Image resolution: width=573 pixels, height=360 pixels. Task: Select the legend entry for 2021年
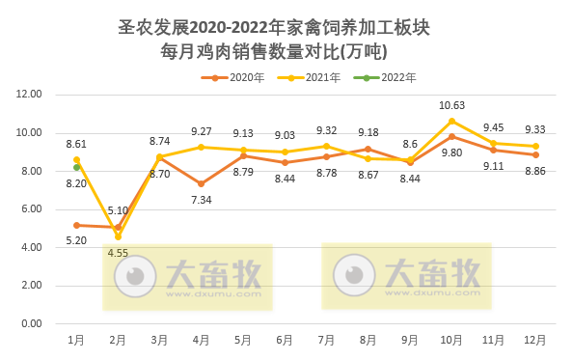pos(314,77)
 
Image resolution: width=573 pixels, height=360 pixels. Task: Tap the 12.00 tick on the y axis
pos(30,95)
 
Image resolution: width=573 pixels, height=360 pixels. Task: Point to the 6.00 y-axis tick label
pos(32,209)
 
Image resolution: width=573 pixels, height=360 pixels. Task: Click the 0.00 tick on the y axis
pos(32,324)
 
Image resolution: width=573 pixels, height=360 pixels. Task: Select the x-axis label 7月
pos(326,341)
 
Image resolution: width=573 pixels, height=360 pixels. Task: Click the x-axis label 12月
pos(534,341)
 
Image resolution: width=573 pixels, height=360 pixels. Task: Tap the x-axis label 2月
pos(118,341)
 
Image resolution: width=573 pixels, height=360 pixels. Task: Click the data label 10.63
pos(451,105)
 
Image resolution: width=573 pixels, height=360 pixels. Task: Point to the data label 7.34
pos(201,200)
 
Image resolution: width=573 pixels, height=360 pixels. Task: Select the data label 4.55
pos(118,254)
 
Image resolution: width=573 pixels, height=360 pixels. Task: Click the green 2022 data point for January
pos(76,168)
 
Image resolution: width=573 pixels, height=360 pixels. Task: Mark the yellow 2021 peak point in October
pos(451,121)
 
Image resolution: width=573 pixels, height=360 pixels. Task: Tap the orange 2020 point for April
pos(202,183)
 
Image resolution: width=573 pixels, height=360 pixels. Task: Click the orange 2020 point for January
pos(76,225)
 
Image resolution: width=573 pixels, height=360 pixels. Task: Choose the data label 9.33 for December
pos(534,129)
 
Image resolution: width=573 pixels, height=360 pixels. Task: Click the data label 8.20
pos(76,183)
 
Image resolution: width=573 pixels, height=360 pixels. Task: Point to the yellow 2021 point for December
pos(535,146)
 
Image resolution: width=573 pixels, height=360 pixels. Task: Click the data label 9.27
pos(201,130)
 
